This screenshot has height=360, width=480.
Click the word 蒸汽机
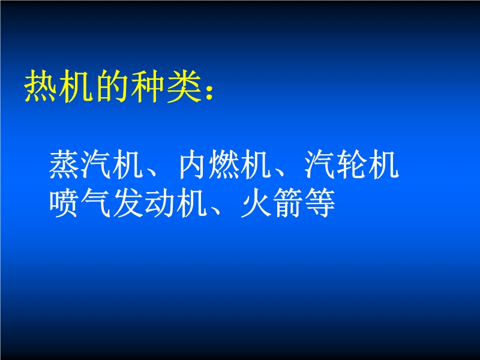pos(97,164)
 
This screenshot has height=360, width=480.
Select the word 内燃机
pos(225,164)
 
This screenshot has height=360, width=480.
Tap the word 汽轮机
pos(352,164)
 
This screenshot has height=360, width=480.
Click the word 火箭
pos(272,203)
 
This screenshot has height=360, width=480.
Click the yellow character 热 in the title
pos(41,86)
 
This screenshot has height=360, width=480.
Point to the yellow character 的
pos(112,86)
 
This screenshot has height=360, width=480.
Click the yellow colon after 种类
pos(209,91)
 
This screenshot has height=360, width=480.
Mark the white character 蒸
pos(65,164)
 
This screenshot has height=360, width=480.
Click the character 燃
pos(225,164)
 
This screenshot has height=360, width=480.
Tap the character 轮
pos(352,164)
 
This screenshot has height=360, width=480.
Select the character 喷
pos(65,203)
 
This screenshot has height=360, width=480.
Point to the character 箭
pos(289,203)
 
